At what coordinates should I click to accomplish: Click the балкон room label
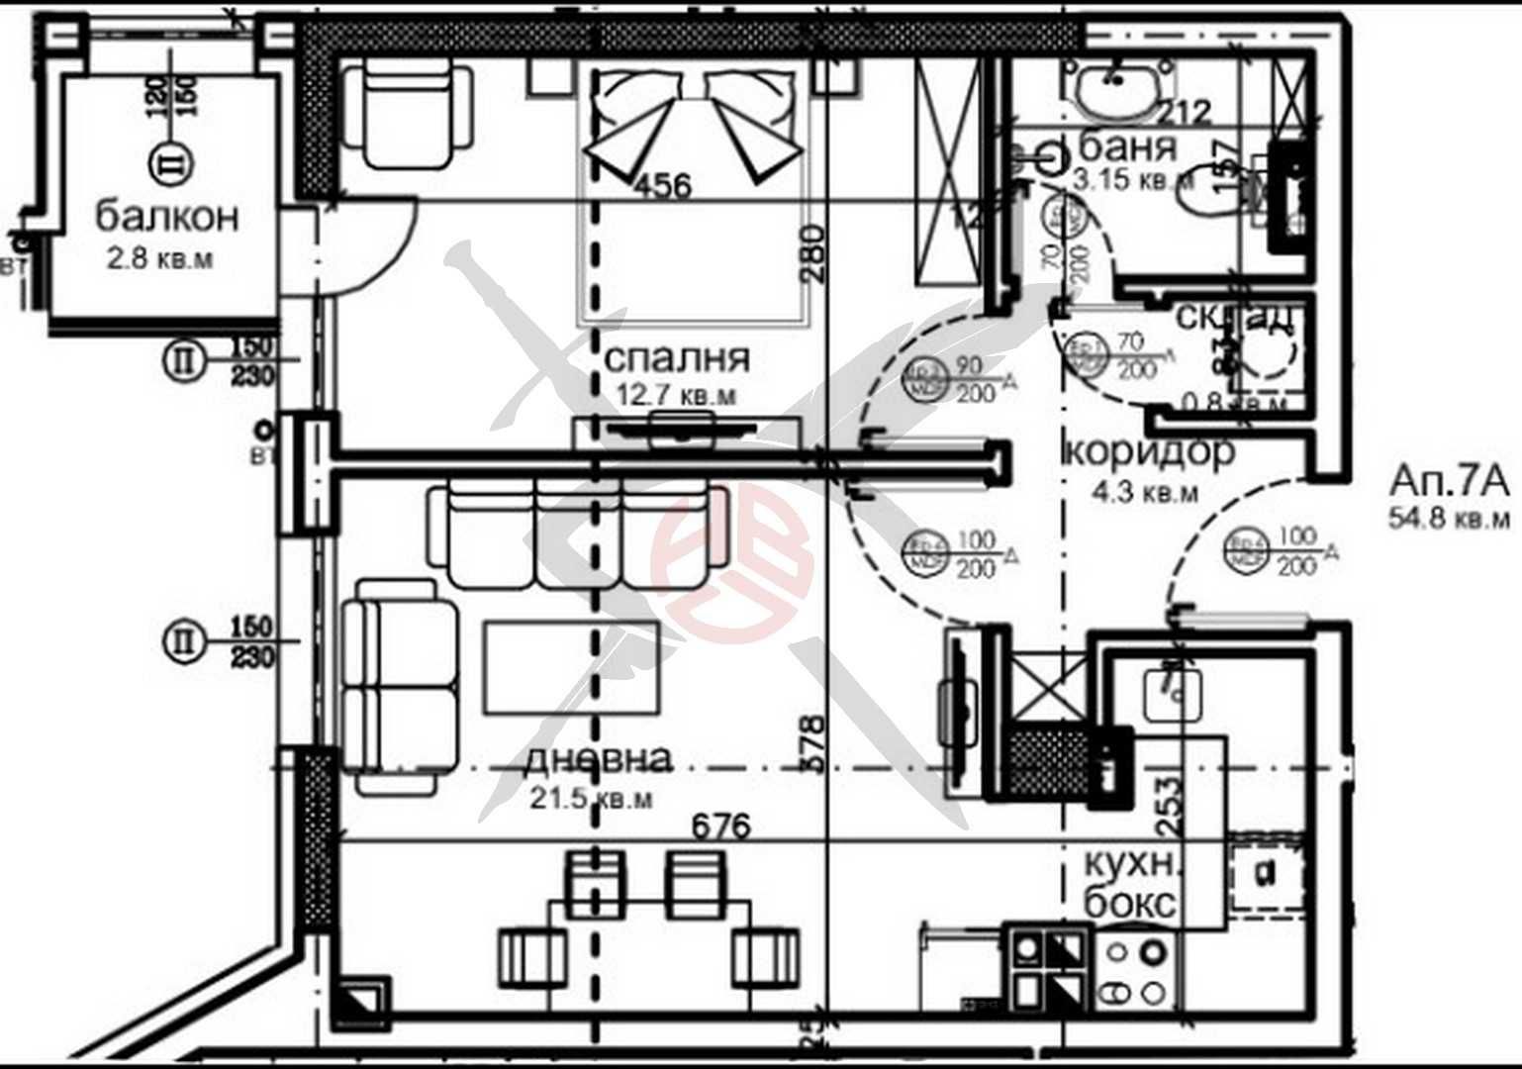point(167,216)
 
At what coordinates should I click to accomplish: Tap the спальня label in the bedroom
point(677,357)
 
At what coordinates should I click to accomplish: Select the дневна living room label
point(598,759)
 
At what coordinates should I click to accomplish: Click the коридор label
point(1149,451)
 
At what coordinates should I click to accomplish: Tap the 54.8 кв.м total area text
point(1450,518)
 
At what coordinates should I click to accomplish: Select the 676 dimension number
point(720,826)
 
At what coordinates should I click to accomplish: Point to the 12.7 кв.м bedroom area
point(676,395)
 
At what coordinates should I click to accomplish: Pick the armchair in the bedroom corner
point(407,111)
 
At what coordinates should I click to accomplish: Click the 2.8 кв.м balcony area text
point(159,259)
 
